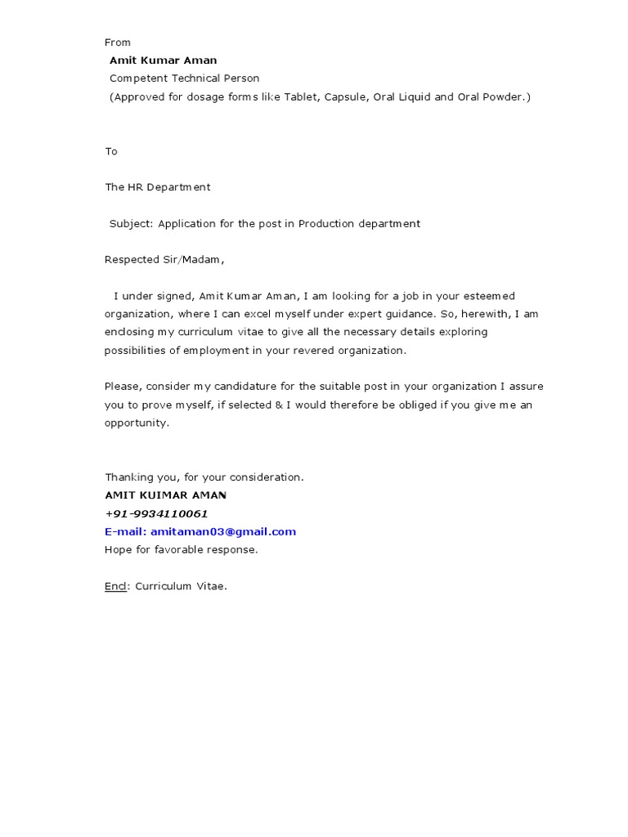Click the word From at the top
click(118, 43)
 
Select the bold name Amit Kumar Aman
click(164, 60)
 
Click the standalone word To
click(111, 151)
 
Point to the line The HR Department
click(158, 187)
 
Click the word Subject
click(131, 223)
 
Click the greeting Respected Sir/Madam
click(164, 260)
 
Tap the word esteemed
click(488, 296)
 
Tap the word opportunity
click(136, 423)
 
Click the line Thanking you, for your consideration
click(204, 477)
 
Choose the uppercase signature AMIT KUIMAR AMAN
click(166, 495)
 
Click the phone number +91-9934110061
click(156, 513)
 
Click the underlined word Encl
click(115, 586)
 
